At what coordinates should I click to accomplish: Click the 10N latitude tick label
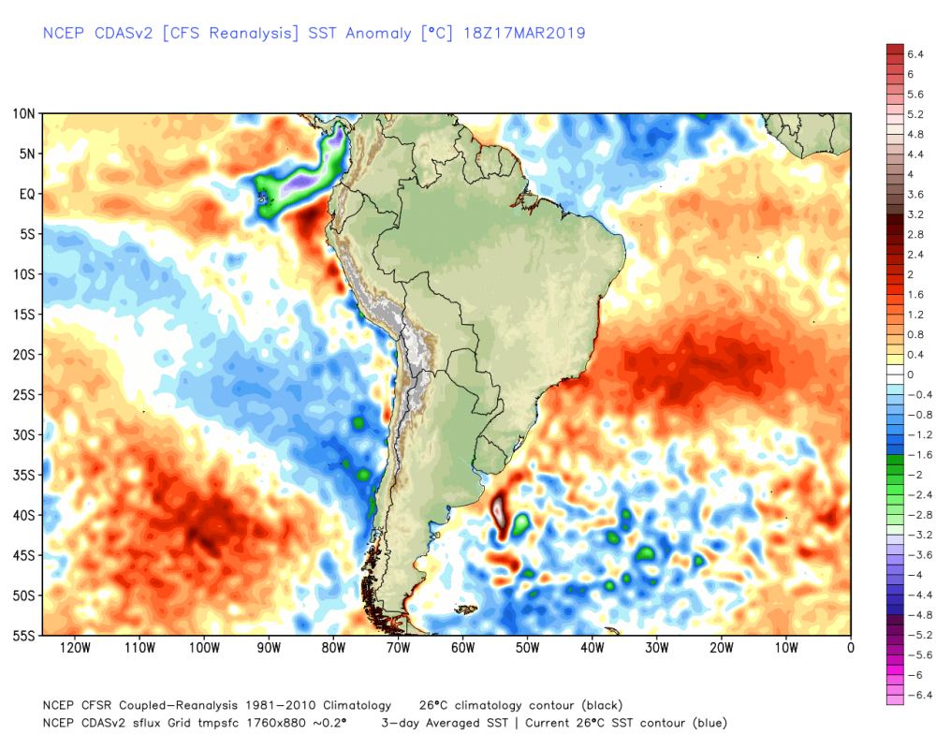[x=24, y=114]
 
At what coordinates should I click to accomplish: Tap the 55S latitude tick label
[x=24, y=637]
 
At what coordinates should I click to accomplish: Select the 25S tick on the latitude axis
[x=24, y=395]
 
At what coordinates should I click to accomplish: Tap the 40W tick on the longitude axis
[x=592, y=647]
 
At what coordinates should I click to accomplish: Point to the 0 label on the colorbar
[x=911, y=374]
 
